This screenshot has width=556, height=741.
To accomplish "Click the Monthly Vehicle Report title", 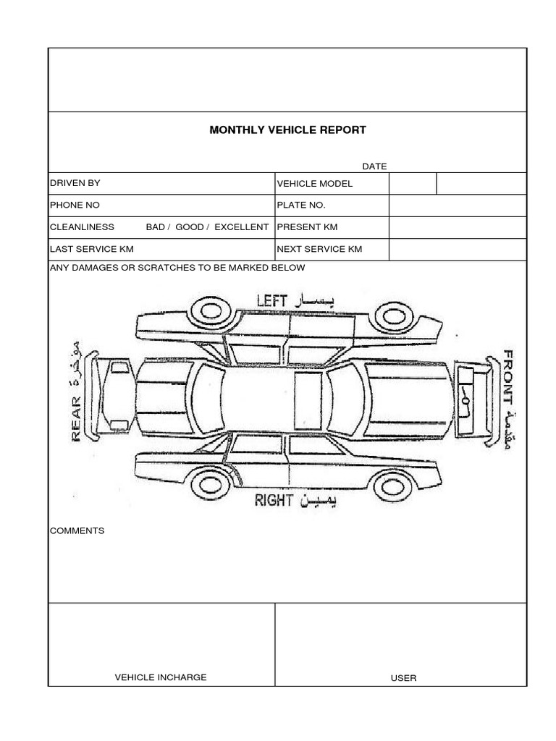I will point(287,130).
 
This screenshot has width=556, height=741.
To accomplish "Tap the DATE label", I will point(374,166).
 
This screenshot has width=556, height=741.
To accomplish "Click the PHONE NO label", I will point(75,205).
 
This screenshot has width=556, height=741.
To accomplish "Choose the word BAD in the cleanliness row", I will point(156,227).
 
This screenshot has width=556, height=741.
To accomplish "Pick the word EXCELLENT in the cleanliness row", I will point(241,227).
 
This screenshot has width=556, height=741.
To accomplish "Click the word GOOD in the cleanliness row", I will point(190,227).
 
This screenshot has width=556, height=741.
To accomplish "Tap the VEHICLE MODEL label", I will point(315,184).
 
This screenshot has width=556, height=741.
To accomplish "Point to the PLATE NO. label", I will point(301,206).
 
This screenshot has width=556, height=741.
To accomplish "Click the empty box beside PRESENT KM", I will point(457,227).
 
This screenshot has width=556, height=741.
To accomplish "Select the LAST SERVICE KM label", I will point(91,249).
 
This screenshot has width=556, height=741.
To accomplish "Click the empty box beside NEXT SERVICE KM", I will point(457,250).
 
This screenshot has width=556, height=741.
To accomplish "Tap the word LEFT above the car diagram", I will point(272,300).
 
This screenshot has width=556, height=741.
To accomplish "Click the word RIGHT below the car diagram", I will point(273,500).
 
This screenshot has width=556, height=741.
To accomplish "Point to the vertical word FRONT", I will point(508,376).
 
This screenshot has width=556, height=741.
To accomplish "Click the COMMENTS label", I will point(77,530).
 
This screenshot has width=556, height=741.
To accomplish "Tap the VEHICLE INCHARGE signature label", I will point(161,677).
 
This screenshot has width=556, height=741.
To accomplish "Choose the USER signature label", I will point(403,678).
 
